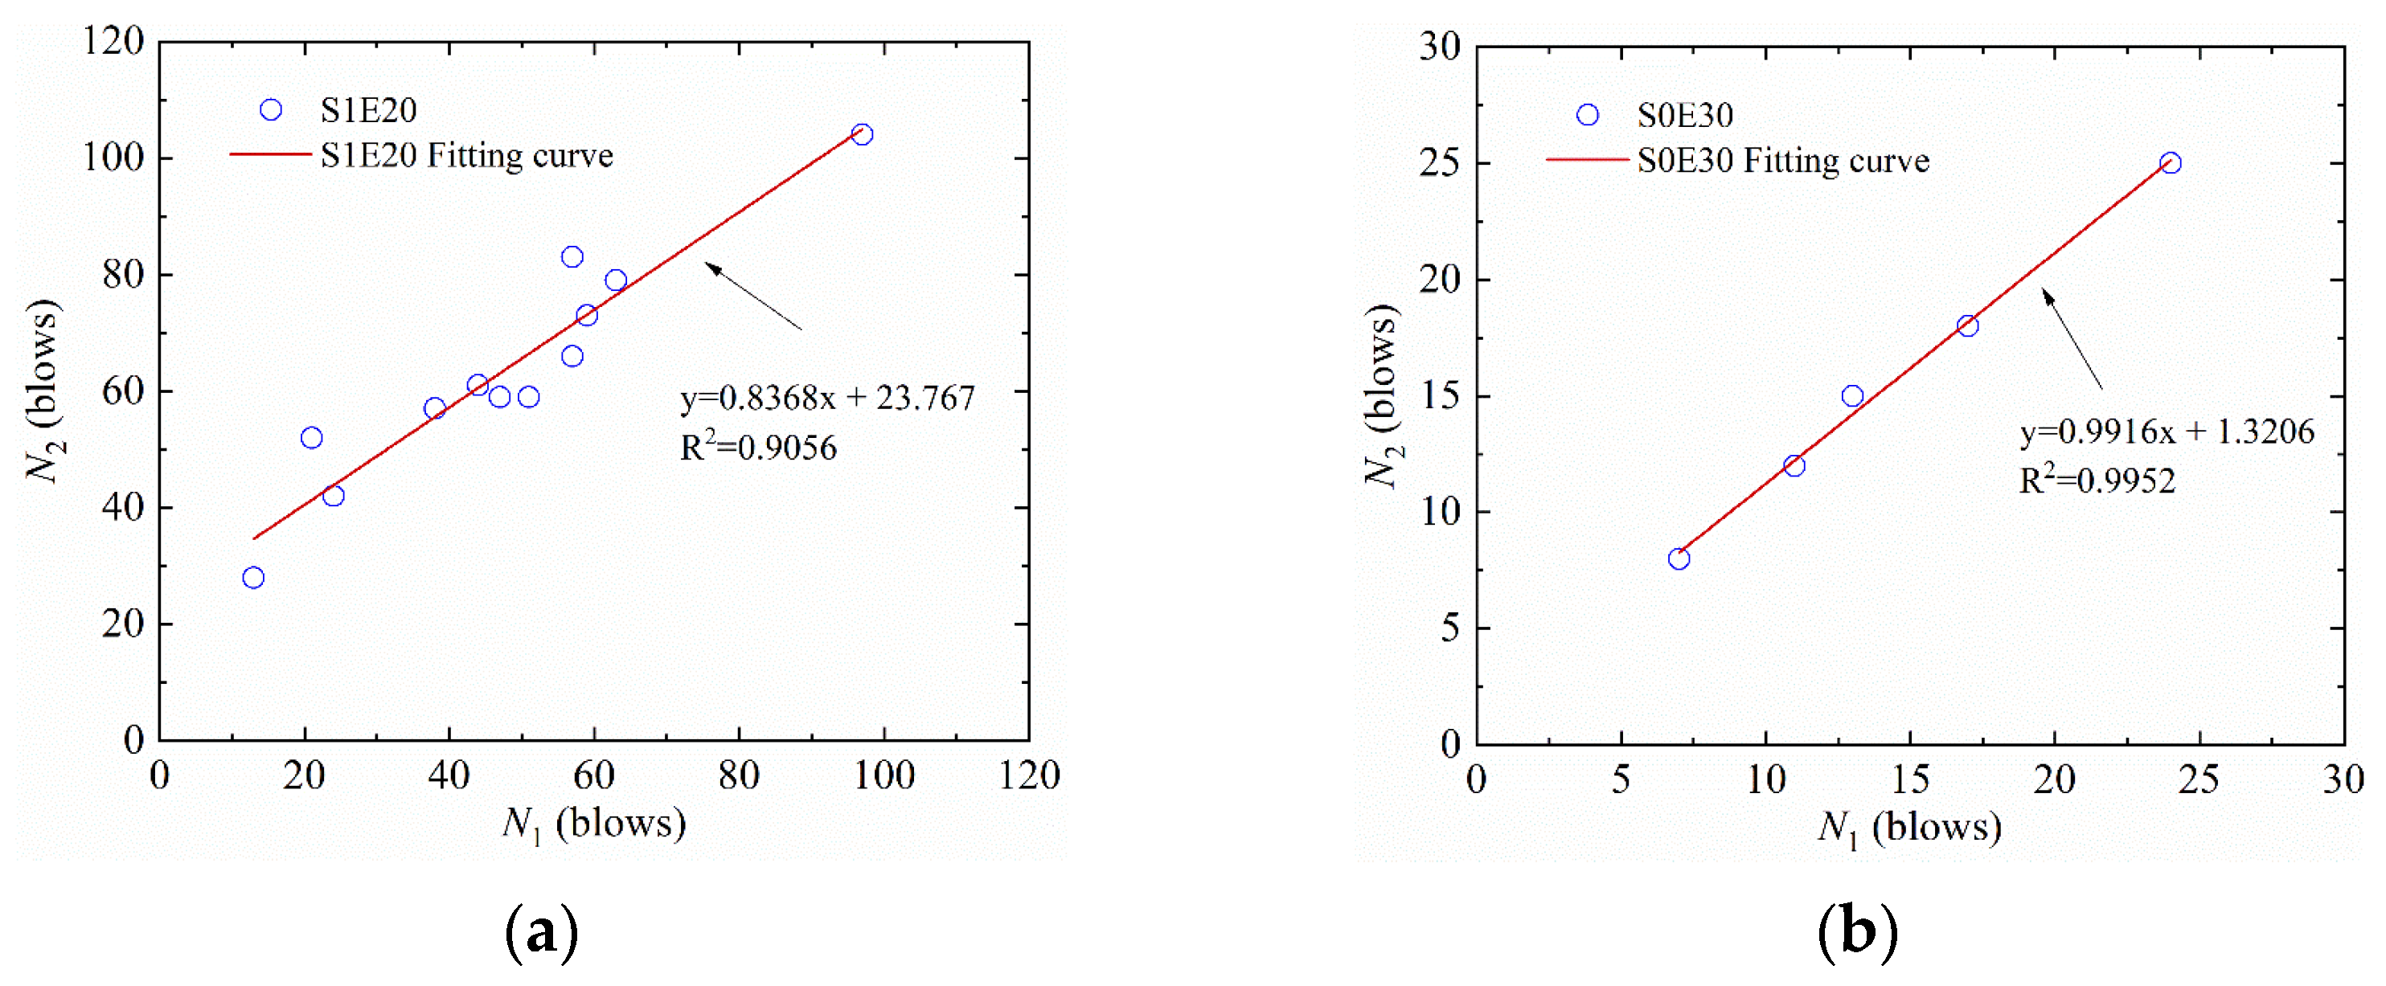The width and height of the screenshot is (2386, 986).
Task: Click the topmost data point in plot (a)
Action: [x=862, y=134]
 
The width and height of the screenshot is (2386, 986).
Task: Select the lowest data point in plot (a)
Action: [x=253, y=578]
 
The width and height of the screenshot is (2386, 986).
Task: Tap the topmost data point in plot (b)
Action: [x=2169, y=163]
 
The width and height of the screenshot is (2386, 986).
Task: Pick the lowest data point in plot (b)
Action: [x=1679, y=558]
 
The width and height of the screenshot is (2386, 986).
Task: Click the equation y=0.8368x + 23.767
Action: [x=827, y=398]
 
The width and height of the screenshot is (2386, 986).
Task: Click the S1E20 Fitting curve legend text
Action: [x=467, y=156]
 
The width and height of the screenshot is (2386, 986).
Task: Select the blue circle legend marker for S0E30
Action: [x=1588, y=115]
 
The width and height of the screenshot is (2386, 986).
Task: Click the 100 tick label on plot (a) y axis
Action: [x=114, y=158]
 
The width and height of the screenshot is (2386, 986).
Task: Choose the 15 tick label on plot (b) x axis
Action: [x=1910, y=779]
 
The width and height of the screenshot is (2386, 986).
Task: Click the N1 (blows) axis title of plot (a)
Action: [x=594, y=822]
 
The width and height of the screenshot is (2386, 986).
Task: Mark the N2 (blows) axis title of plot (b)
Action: [x=1381, y=395]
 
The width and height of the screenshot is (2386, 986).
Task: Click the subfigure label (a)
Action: [x=542, y=931]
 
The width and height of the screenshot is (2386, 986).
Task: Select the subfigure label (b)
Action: [x=1857, y=931]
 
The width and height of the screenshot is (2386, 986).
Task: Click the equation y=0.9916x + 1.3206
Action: [x=2167, y=432]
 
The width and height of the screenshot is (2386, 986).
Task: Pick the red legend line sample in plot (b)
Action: [x=1587, y=160]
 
